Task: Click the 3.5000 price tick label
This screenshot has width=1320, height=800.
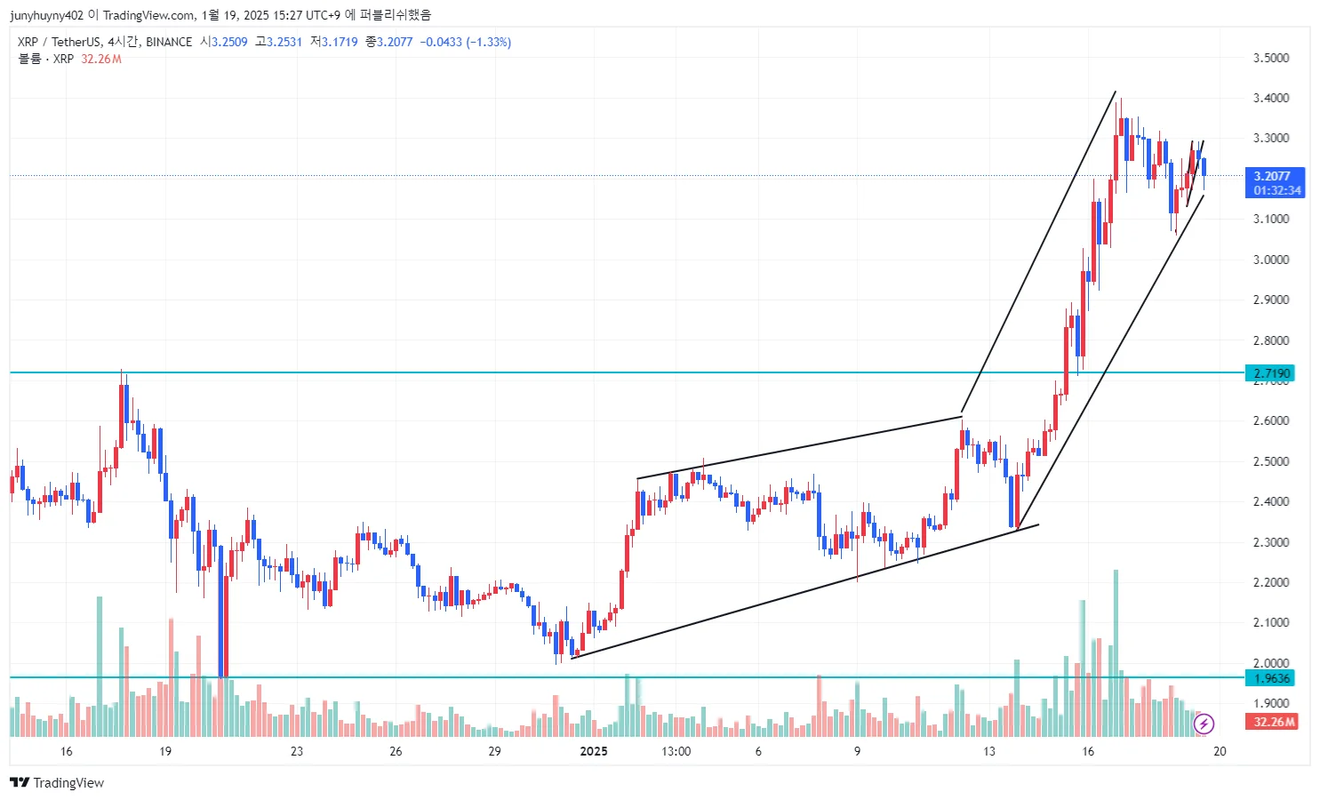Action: tap(1270, 58)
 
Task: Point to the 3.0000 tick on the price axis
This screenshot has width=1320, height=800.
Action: tap(1270, 260)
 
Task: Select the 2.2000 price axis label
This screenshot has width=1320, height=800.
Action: tap(1270, 582)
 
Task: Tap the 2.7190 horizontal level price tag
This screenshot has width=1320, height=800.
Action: tap(1272, 373)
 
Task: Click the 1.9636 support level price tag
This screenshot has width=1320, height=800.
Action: tap(1272, 678)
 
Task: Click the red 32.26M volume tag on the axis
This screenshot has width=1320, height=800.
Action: tap(1274, 722)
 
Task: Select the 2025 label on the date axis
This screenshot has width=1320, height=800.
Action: tap(594, 751)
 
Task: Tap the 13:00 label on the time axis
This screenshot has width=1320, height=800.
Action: tap(676, 751)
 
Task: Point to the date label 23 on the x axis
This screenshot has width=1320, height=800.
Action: tap(297, 751)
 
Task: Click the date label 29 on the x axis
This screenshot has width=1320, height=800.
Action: tap(494, 751)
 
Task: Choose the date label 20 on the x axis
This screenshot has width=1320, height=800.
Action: tap(1220, 751)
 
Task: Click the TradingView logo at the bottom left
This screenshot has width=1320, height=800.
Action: tap(57, 782)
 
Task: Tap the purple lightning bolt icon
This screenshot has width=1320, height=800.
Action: tap(1204, 724)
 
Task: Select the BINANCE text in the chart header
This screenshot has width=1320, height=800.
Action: tap(169, 42)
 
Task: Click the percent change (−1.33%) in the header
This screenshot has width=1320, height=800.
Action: tap(488, 42)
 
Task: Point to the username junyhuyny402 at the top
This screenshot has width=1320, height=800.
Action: tap(46, 15)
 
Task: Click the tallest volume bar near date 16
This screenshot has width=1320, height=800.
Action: tap(1116, 652)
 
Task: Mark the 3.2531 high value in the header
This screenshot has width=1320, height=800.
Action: tap(284, 42)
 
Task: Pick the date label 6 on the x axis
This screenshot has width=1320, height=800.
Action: tap(758, 751)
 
